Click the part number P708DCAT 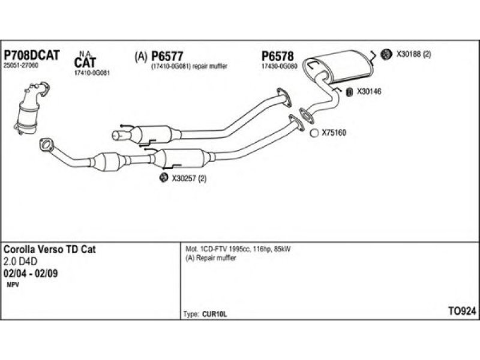[x=31, y=55]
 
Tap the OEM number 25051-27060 [x=21, y=65]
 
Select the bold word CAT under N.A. [x=85, y=62]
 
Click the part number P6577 [x=167, y=56]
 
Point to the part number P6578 [x=277, y=56]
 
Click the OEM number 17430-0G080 [x=279, y=67]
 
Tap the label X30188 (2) [x=413, y=55]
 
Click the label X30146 [x=369, y=92]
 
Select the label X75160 [x=334, y=133]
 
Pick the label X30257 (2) [x=189, y=178]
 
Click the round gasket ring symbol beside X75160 [x=314, y=133]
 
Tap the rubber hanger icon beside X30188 [x=386, y=54]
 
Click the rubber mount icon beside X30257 [x=164, y=178]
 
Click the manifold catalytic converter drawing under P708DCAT [x=31, y=109]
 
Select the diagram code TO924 [x=462, y=311]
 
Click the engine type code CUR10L [x=214, y=314]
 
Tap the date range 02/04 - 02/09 [x=31, y=274]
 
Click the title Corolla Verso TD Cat [x=50, y=250]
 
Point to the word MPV [x=13, y=285]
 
